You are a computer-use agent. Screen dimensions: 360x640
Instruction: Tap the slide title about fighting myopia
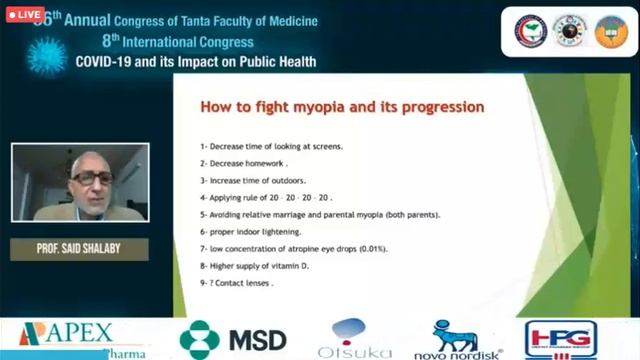[343, 106]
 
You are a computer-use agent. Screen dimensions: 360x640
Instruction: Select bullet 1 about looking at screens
[271, 146]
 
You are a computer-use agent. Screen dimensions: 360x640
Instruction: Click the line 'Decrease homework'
[244, 163]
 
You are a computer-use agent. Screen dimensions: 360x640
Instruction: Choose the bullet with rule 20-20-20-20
[265, 197]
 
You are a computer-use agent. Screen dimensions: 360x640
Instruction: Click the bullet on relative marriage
[320, 214]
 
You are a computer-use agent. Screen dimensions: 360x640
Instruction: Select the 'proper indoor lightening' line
[251, 231]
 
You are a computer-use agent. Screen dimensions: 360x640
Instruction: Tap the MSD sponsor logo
[233, 339]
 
